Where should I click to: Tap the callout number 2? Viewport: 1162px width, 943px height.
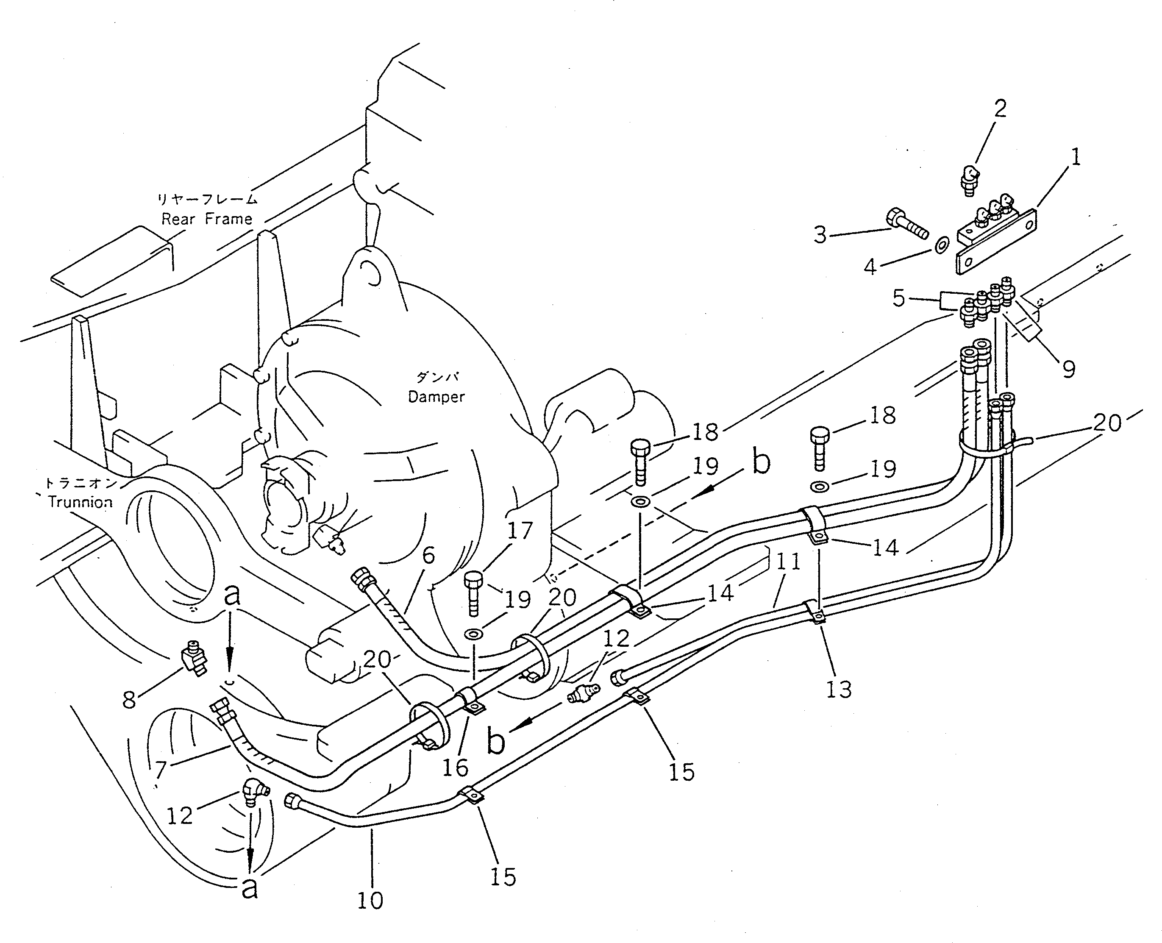pyautogui.click(x=1000, y=108)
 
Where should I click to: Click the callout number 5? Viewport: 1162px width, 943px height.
pyautogui.click(x=899, y=298)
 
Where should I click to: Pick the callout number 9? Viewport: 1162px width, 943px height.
pyautogui.click(x=1068, y=370)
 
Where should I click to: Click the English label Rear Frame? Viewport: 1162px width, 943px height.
pyautogui.click(x=207, y=219)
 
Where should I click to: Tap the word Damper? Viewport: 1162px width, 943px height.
pyautogui.click(x=436, y=397)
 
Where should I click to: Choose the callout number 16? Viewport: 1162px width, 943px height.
pyautogui.click(x=455, y=768)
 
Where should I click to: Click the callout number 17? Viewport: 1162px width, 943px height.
pyautogui.click(x=520, y=531)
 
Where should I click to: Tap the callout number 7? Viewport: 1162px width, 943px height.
pyautogui.click(x=160, y=770)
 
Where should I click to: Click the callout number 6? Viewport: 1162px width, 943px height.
pyautogui.click(x=428, y=555)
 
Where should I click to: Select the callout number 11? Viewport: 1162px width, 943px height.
pyautogui.click(x=788, y=562)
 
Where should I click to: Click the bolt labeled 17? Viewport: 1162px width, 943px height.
pyautogui.click(x=473, y=594)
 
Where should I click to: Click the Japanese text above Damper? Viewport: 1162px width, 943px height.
pyautogui.click(x=437, y=377)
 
